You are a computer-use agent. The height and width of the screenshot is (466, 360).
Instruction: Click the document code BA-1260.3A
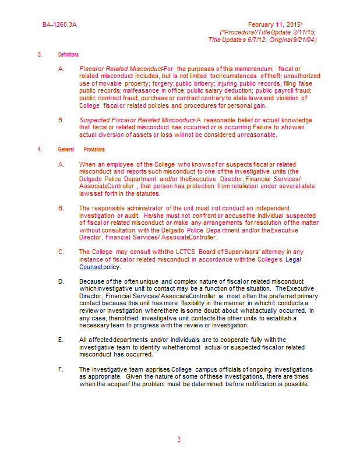(59, 25)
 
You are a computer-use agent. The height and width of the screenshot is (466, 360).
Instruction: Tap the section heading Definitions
(68, 54)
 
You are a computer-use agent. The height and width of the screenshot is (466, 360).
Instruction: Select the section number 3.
(40, 54)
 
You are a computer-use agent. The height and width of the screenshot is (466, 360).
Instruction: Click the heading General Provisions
(81, 149)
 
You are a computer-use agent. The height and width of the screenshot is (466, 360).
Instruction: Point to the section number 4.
(40, 149)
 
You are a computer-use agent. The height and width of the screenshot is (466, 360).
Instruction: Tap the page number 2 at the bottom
(179, 440)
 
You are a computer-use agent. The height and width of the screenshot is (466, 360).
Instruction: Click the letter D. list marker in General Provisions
(61, 281)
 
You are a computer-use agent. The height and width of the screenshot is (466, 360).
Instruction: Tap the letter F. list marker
(61, 369)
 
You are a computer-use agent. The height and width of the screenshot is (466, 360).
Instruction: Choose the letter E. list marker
(61, 340)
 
